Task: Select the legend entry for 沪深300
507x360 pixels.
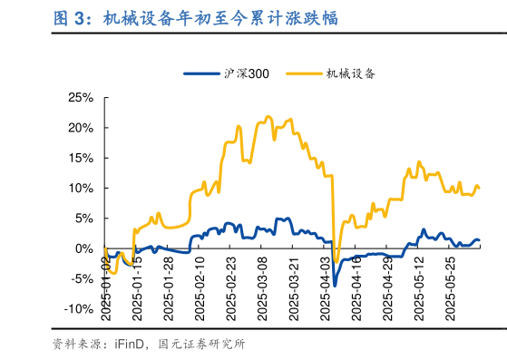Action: click(227, 73)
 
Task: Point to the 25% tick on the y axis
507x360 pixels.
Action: click(81, 98)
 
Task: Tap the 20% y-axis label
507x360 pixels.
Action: click(81, 128)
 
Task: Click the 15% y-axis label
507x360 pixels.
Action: click(81, 158)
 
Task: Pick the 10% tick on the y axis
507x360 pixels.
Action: click(81, 189)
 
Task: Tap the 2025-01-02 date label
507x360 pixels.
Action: click(105, 286)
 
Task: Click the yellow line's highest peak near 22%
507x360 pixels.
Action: click(268, 117)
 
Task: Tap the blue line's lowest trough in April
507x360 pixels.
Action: click(334, 285)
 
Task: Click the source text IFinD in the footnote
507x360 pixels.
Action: click(126, 345)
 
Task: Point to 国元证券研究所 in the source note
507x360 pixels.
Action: click(202, 345)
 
